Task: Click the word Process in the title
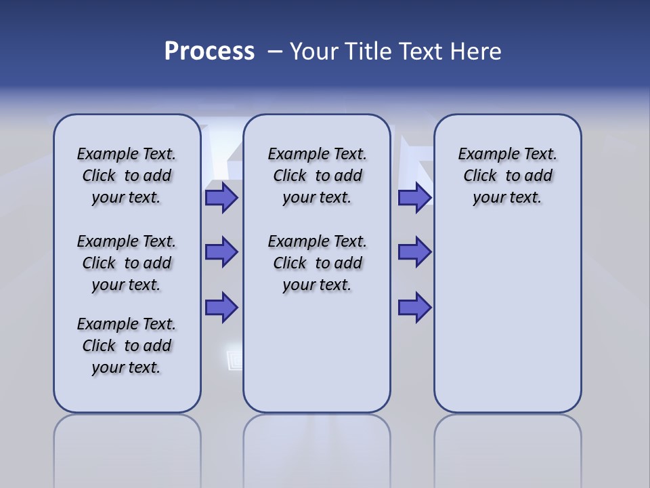click(x=209, y=52)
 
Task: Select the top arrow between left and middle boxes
click(x=221, y=198)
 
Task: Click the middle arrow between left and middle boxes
click(x=221, y=252)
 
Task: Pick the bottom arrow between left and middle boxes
click(x=221, y=307)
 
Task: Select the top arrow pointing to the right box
click(x=414, y=198)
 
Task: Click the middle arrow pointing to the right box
click(x=414, y=252)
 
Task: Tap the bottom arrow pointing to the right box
click(x=414, y=307)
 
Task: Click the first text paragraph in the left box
click(x=127, y=176)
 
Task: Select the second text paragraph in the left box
click(x=127, y=263)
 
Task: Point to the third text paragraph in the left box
click(x=127, y=346)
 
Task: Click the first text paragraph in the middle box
click(x=317, y=176)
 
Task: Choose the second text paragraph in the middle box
click(x=317, y=263)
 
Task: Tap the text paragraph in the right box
click(x=507, y=176)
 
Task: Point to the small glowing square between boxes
click(x=234, y=359)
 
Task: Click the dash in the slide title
click(x=275, y=52)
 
